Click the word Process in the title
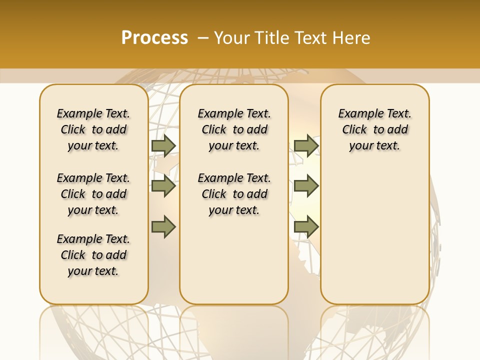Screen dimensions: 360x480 coord(154,37)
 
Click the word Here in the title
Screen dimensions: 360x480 coord(351,38)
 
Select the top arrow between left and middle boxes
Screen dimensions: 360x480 coord(163,145)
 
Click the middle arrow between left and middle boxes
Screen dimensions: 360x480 coord(163,186)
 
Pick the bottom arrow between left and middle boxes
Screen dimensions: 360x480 coord(163,226)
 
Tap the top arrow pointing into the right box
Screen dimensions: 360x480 coord(306,145)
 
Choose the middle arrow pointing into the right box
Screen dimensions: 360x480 coord(306,186)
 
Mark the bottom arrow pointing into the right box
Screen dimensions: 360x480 coord(306,226)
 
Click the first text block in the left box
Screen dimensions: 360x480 coord(93,129)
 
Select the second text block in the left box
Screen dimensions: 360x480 coord(93,194)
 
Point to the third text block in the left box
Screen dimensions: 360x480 coord(93,255)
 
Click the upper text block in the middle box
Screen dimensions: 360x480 coord(234,129)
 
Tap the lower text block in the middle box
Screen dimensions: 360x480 coord(234,194)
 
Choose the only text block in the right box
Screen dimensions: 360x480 coord(374,129)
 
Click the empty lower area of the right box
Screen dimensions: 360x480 coord(374,235)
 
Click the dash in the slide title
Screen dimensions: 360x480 coord(203,38)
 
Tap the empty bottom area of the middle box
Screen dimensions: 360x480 coord(234,265)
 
